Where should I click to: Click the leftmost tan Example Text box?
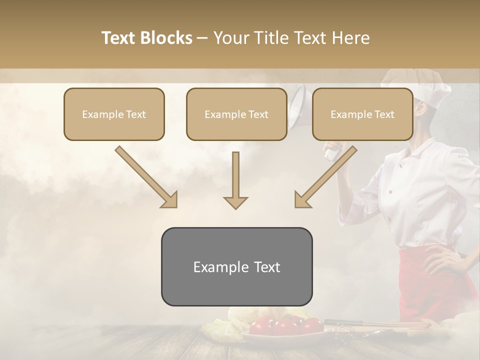point(114,114)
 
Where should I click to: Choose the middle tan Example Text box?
point(236,114)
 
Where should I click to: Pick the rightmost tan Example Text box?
point(362,114)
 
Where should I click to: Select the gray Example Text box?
point(236,266)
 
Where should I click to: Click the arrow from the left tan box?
point(146,177)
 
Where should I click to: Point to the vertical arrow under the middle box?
point(235,180)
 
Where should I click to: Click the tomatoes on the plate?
point(285,326)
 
